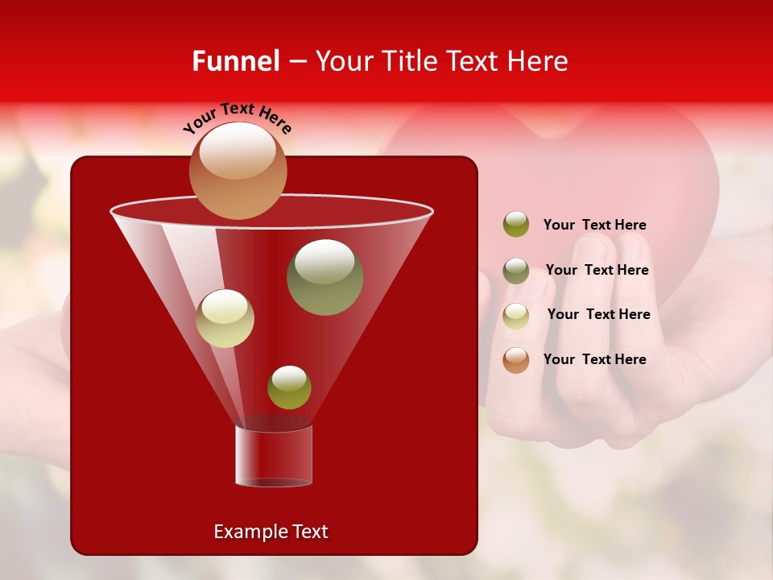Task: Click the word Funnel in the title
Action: click(235, 61)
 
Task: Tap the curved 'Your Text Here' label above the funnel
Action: click(238, 117)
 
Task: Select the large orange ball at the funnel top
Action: click(238, 171)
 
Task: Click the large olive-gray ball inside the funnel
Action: click(324, 276)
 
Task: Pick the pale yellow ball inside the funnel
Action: click(225, 318)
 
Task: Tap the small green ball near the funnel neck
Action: click(289, 387)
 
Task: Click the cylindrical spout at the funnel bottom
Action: click(274, 456)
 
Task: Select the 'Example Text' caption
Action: click(271, 532)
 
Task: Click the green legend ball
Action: click(516, 225)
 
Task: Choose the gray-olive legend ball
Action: click(516, 271)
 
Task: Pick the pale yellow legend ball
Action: click(516, 316)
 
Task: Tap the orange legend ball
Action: click(516, 360)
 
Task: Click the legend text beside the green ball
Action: click(594, 226)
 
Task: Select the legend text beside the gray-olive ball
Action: click(597, 271)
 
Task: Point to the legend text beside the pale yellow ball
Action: click(598, 315)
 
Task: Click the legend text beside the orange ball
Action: click(594, 359)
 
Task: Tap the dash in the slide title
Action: click(296, 61)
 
